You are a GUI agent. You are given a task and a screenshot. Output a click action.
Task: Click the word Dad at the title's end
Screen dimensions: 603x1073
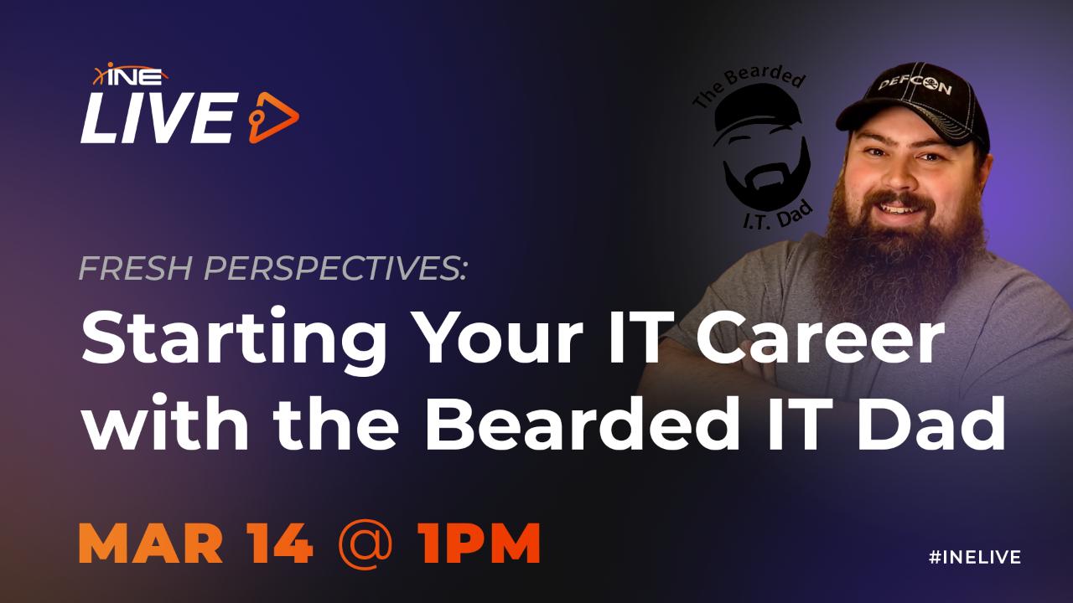[941, 421]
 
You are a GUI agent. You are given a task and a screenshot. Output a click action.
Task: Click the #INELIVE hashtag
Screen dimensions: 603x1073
[975, 557]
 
